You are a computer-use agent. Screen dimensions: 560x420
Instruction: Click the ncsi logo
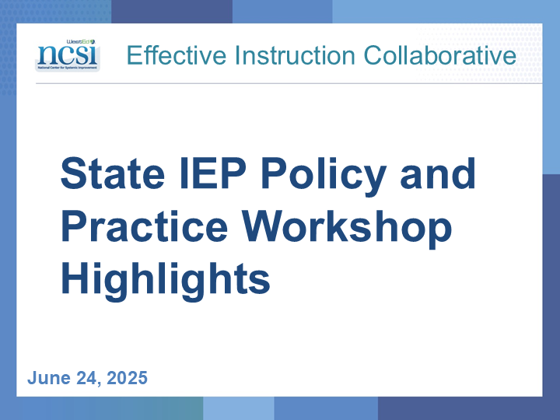68,55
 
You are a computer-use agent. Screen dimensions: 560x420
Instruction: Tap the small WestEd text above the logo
81,41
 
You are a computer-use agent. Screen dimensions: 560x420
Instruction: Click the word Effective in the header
177,55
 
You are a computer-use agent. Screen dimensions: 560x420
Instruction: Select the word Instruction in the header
295,55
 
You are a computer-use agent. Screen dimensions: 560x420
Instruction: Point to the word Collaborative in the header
439,55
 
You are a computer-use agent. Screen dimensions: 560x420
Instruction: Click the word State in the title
113,174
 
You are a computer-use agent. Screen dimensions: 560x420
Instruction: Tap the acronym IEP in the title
213,173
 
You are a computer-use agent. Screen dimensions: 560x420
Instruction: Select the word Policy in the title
324,177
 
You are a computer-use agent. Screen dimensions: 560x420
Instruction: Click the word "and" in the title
438,173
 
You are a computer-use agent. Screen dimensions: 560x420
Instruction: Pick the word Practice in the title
145,226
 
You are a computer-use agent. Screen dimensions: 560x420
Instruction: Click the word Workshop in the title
347,229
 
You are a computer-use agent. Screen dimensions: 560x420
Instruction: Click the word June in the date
49,378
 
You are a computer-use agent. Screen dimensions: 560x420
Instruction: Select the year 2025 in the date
127,378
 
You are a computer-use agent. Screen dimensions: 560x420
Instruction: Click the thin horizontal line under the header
289,83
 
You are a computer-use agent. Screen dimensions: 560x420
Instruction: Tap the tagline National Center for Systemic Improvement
68,68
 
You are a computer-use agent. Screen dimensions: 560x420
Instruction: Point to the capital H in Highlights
75,278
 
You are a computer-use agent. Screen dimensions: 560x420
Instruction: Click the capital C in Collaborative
373,55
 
